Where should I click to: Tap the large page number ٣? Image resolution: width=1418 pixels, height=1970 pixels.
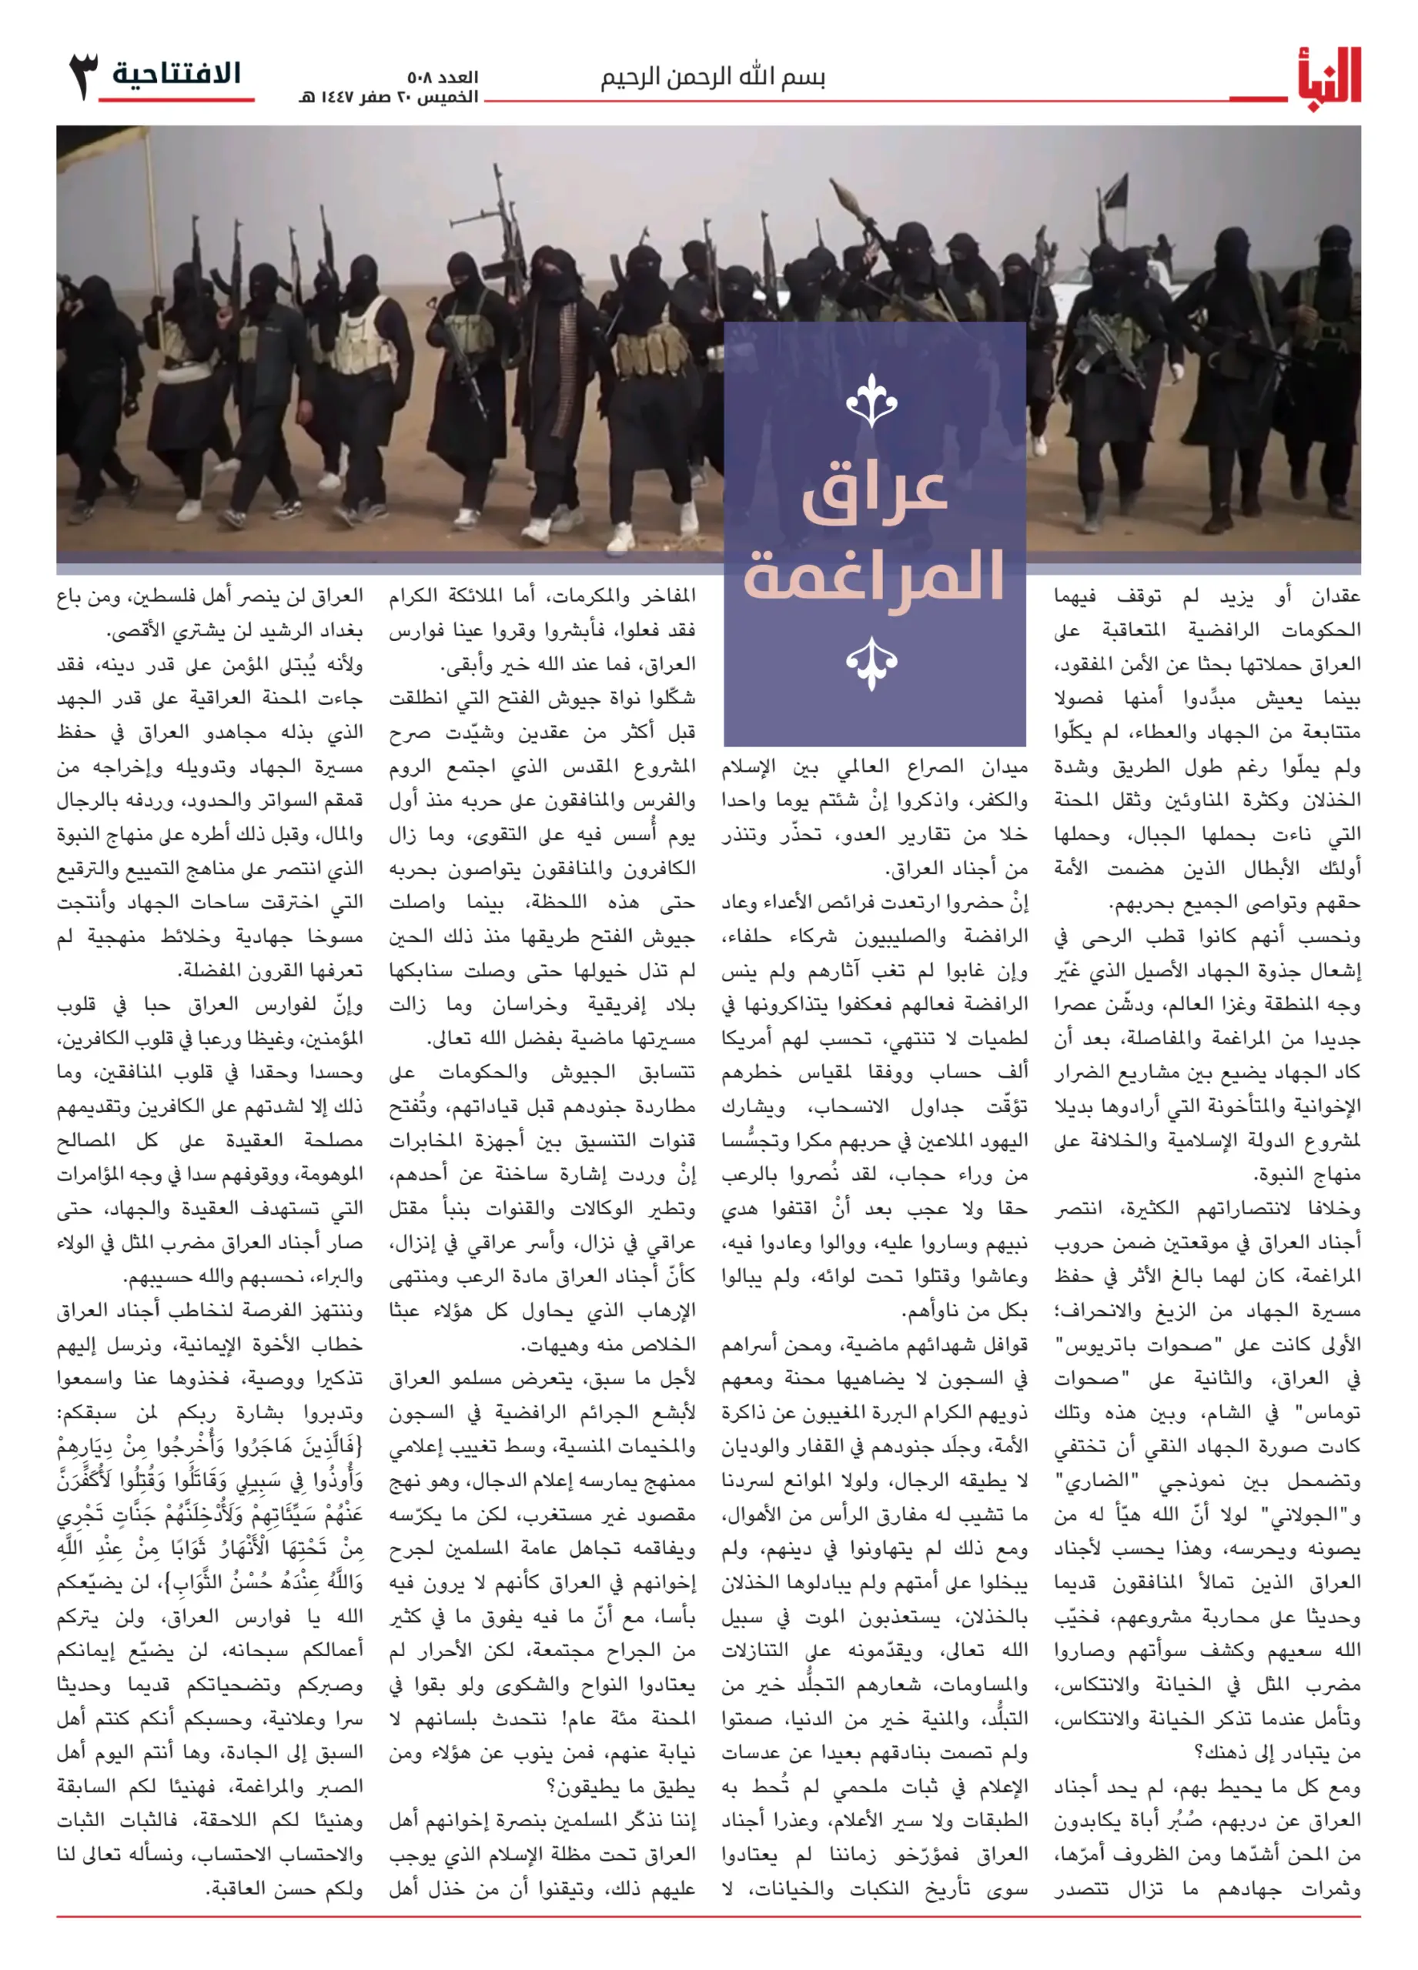click(83, 75)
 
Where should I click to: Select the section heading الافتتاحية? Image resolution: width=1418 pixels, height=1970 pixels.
click(176, 74)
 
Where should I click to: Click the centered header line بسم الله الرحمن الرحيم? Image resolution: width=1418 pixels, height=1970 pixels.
click(713, 78)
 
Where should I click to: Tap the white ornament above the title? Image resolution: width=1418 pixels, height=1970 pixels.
click(871, 399)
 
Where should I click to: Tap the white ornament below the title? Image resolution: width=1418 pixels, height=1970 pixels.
click(871, 663)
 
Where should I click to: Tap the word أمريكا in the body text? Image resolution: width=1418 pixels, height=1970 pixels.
click(752, 1039)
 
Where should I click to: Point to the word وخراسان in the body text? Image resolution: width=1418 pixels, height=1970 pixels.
click(530, 1005)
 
